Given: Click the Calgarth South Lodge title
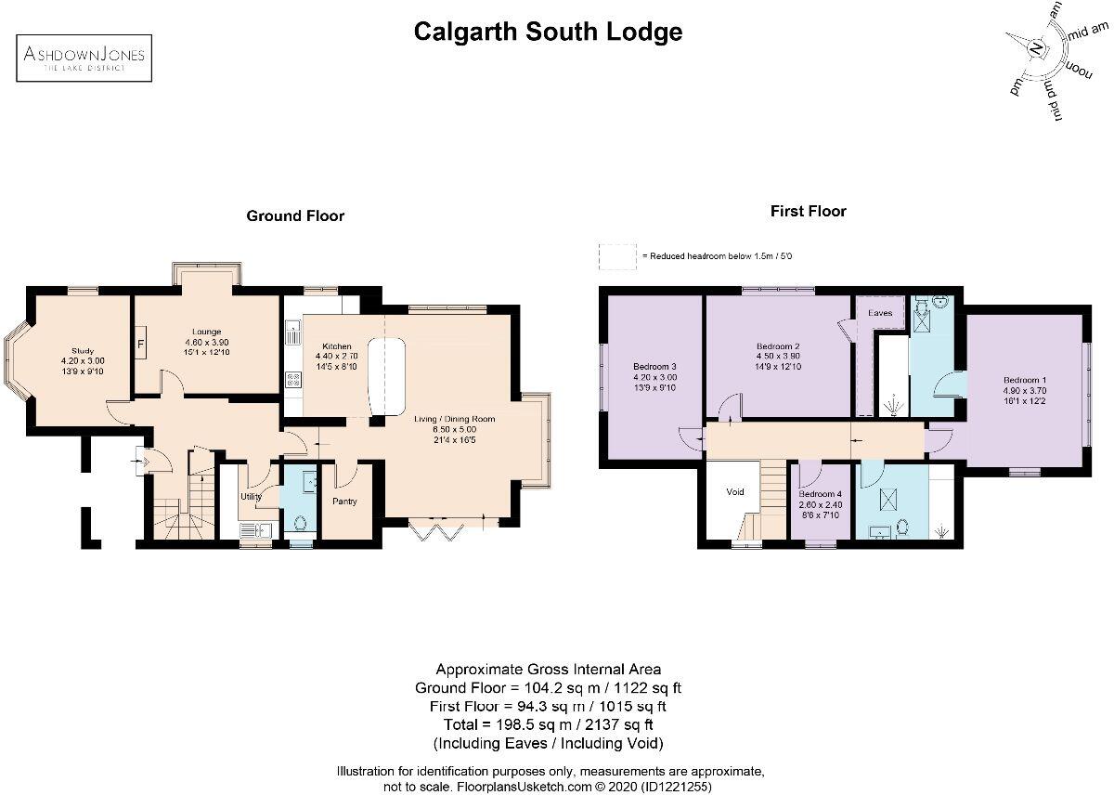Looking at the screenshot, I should tap(548, 32).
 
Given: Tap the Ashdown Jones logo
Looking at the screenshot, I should tap(84, 58).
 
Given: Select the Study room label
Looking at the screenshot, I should tap(83, 351).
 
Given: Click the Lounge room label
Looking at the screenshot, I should tap(206, 332).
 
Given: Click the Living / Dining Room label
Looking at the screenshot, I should tap(454, 419).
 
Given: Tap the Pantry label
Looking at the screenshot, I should tap(345, 502).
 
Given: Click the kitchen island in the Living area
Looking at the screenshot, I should tap(387, 377).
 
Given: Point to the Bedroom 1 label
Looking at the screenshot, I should tap(1024, 381).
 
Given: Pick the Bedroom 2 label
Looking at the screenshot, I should tap(778, 346).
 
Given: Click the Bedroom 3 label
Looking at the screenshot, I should tap(654, 366).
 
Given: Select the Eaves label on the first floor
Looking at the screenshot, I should tap(879, 313).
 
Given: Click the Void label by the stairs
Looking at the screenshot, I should tap(735, 492).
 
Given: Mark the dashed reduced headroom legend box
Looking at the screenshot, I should tap(617, 256).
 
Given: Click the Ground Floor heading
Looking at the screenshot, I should tap(294, 215).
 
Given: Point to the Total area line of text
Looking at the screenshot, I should tap(548, 724).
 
